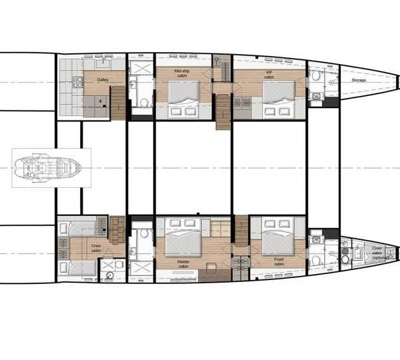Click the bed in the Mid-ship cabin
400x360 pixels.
pos(182,97)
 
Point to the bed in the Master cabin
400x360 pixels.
pos(183,238)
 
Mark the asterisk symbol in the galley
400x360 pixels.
pos(101,101)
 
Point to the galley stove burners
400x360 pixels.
pos(75,82)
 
